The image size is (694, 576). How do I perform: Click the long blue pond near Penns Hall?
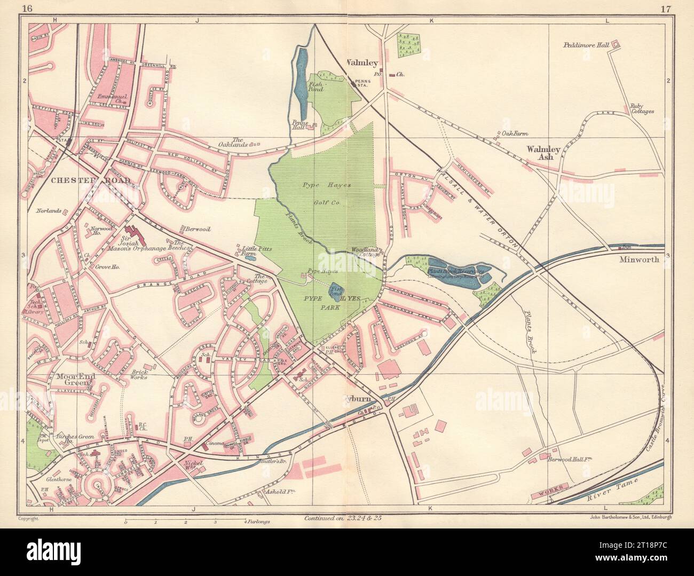point(301,77)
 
